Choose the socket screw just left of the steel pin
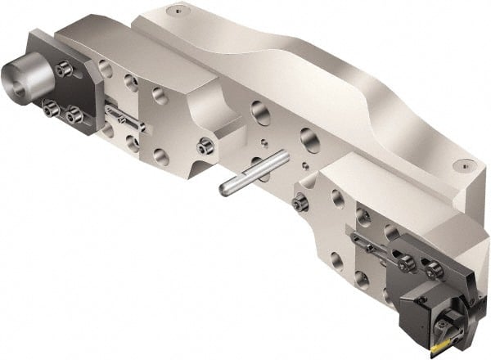(x=204, y=148)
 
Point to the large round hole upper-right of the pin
(x=309, y=135)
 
